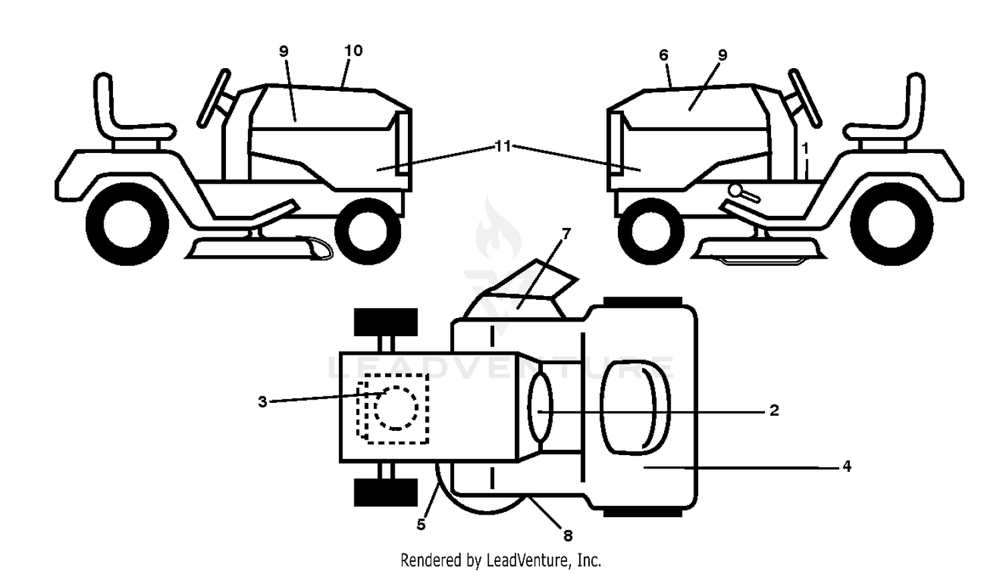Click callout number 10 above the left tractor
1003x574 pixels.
pos(353,51)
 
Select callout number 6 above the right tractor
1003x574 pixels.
pos(663,55)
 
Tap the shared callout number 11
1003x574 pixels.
pos(503,146)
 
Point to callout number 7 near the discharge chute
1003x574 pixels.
pos(566,233)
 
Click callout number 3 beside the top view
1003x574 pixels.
pos(263,402)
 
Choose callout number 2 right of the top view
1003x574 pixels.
pos(774,410)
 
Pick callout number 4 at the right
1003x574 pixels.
pos(847,466)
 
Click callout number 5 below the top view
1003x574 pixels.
pos(421,525)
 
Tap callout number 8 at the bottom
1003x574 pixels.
pos(568,535)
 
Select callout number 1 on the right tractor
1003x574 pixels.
pos(806,148)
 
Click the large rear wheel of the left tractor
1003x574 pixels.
pos(127,224)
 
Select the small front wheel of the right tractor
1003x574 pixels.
pos(651,231)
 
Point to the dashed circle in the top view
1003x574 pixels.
pos(396,408)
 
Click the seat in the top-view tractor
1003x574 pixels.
pos(635,407)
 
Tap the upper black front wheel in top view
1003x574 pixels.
pos(386,321)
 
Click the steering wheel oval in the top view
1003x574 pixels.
pos(540,407)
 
